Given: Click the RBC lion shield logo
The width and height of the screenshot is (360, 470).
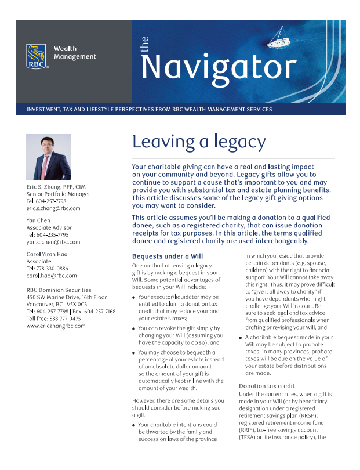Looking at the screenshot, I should click(37, 56).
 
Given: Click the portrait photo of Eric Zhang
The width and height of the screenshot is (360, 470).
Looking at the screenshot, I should click(48, 157).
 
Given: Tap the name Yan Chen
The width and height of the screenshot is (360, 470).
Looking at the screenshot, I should click(38, 220).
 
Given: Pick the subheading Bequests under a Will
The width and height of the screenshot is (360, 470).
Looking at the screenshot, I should click(168, 256).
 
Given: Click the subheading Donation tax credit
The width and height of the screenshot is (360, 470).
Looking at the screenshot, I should click(267, 386).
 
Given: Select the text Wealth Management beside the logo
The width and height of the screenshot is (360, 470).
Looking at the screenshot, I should click(75, 53).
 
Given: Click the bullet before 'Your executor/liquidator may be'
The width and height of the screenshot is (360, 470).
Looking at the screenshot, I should click(134, 297).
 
